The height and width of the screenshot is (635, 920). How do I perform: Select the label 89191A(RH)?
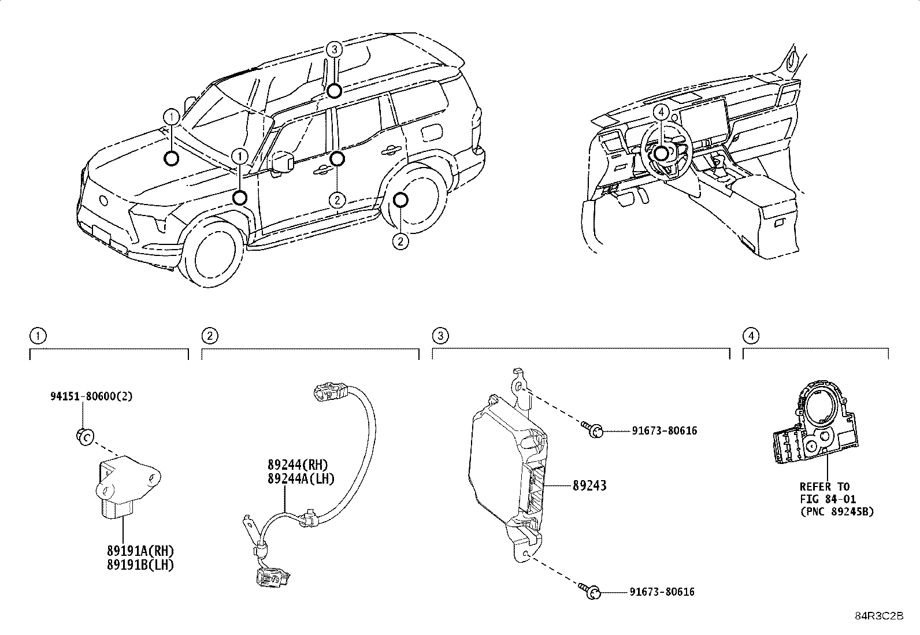(x=140, y=551)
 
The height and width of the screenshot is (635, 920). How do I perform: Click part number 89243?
(x=589, y=486)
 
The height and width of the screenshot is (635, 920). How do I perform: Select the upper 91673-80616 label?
(x=664, y=430)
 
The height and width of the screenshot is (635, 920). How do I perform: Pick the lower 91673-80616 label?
(x=662, y=592)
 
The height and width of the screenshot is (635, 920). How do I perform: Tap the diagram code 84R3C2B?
(x=878, y=616)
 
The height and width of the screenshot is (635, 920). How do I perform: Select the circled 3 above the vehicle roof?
(x=334, y=49)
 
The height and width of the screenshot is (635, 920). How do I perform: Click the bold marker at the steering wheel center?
(x=661, y=153)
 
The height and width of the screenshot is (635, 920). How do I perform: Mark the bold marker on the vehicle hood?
(x=171, y=158)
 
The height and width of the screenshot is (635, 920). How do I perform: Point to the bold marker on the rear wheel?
(x=400, y=200)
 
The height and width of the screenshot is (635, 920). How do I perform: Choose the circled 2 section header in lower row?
(x=209, y=336)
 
